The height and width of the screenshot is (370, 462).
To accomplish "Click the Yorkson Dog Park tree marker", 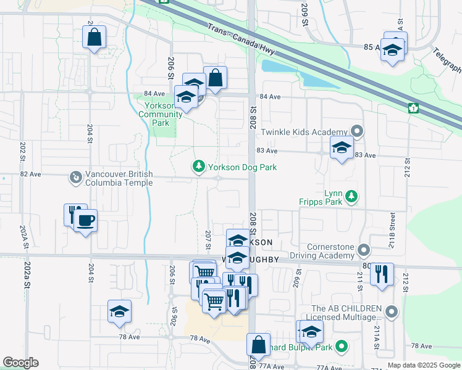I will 198,167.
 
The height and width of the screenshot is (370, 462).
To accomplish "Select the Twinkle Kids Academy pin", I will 356,131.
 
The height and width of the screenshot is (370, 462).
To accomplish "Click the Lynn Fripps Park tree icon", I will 351,196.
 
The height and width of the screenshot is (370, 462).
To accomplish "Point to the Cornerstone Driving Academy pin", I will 364,250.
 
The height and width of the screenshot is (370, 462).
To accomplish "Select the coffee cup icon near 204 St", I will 86,220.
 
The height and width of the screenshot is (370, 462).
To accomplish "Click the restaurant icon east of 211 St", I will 382,273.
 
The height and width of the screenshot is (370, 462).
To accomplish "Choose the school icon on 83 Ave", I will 341,148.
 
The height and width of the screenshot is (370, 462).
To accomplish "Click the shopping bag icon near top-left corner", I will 94,37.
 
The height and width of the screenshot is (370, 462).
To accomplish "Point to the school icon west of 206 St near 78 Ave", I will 119,311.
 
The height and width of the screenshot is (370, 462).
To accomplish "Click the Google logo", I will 20,363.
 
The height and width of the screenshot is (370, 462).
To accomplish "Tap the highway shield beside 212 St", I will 413,109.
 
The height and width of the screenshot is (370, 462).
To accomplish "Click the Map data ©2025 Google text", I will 424,365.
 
